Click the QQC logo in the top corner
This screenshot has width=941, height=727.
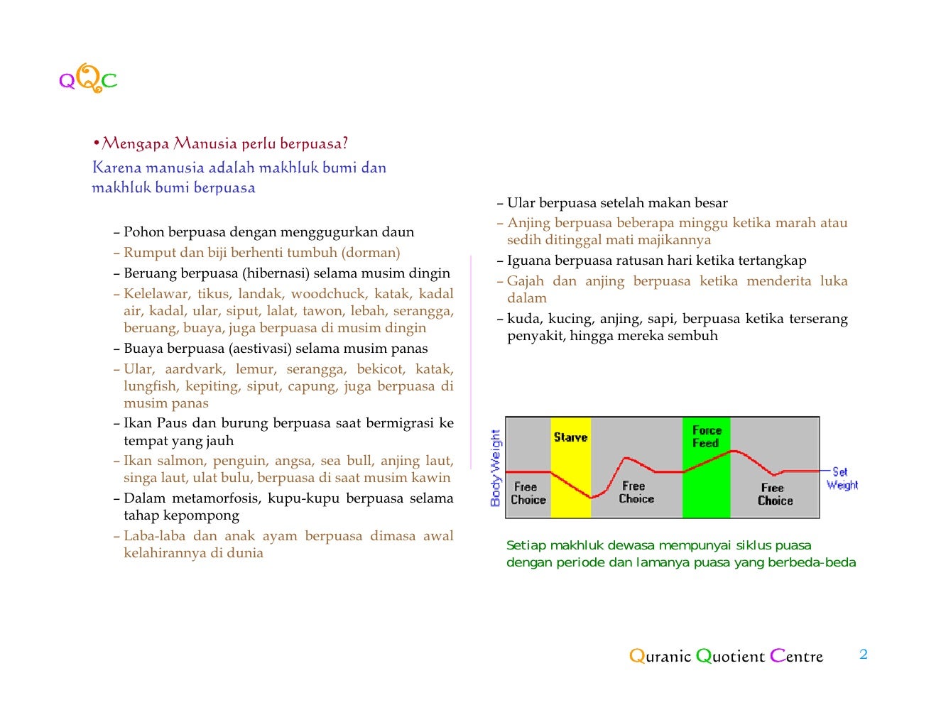point(88,79)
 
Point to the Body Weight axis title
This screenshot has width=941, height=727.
point(496,467)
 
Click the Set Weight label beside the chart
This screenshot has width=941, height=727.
point(842,479)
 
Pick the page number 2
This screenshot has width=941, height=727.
point(864,655)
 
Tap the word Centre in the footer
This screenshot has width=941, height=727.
point(796,656)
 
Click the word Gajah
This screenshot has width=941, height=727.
point(526,281)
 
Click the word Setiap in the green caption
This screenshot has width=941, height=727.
point(526,545)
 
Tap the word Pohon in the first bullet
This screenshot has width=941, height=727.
point(144,232)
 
